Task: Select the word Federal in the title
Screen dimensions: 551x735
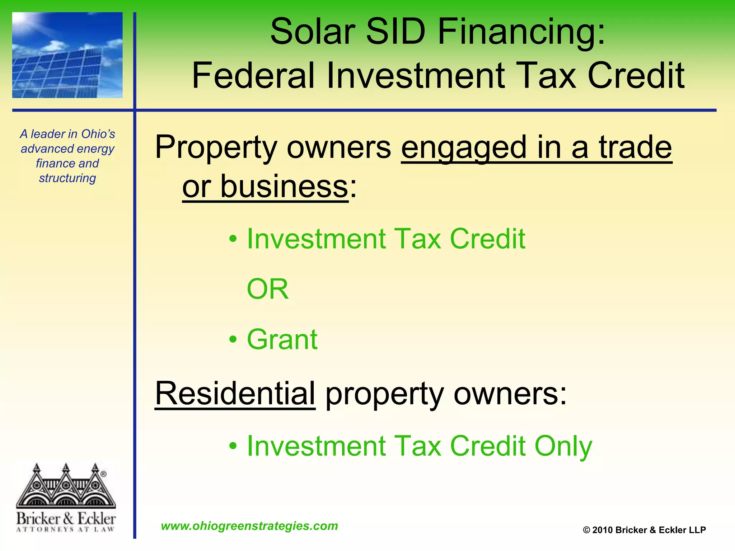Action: point(253,76)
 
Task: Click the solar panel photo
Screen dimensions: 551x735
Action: point(67,55)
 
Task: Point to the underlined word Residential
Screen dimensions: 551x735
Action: point(235,394)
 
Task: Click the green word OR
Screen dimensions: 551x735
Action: point(268,289)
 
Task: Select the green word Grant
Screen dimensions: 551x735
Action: point(282,339)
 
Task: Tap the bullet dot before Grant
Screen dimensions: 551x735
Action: point(233,339)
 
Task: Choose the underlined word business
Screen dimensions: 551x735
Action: point(284,187)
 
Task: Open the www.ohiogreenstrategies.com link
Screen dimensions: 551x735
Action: point(249,526)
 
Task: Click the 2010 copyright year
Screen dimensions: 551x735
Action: point(602,530)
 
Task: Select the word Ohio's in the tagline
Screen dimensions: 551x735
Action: point(98,134)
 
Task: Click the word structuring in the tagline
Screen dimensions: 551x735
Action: point(67,178)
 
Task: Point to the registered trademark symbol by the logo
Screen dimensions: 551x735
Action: point(103,474)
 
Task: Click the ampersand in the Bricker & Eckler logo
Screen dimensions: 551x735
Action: point(68,519)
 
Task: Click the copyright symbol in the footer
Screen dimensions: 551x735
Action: point(586,530)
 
